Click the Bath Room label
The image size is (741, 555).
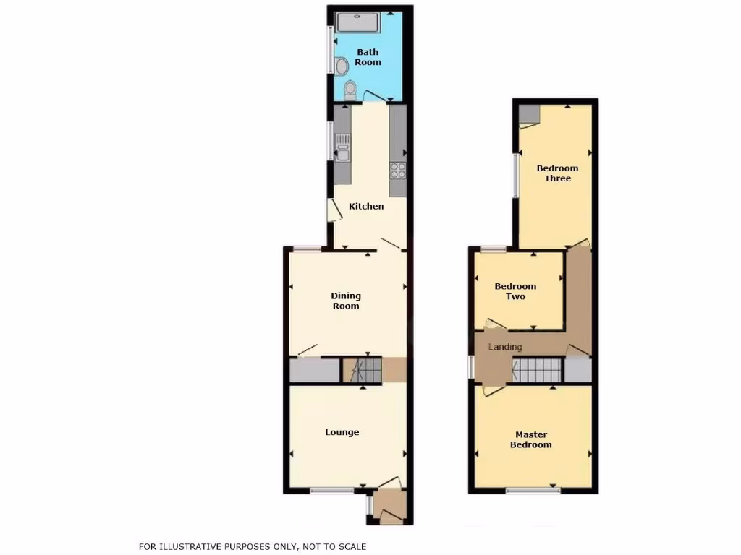368,57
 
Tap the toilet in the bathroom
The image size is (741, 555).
351,90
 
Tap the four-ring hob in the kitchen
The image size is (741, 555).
398,171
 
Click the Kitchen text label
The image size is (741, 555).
366,207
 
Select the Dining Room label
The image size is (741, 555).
346,301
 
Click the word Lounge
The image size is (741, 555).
342,433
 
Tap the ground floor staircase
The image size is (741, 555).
361,371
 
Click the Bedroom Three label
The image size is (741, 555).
557,173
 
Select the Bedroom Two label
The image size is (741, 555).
515,291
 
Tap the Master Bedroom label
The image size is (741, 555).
531,439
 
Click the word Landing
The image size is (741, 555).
505,348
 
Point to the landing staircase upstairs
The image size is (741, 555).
537,371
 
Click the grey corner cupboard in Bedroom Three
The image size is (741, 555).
529,114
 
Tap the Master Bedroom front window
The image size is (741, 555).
533,491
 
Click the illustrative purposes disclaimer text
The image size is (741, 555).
253,547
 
